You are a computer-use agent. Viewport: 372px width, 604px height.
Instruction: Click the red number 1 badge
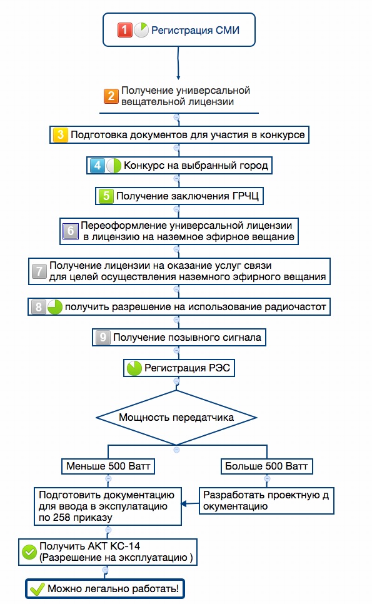(125, 29)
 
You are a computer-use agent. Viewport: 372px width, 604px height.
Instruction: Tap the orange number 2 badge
(111, 96)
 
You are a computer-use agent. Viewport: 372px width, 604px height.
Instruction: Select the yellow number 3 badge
(60, 135)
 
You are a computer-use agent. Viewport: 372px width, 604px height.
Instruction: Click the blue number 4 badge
(97, 166)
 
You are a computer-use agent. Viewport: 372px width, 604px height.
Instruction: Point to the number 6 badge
(70, 231)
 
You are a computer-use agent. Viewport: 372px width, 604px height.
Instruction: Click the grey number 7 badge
(39, 271)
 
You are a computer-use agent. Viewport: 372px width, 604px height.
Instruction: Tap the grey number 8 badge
(38, 307)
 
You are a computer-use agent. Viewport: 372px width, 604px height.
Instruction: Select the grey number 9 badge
(103, 337)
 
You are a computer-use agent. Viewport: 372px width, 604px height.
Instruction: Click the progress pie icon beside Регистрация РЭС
(134, 368)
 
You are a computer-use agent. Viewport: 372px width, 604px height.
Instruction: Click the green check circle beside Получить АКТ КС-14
(29, 551)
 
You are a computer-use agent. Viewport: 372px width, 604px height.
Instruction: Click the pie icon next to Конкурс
(114, 166)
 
